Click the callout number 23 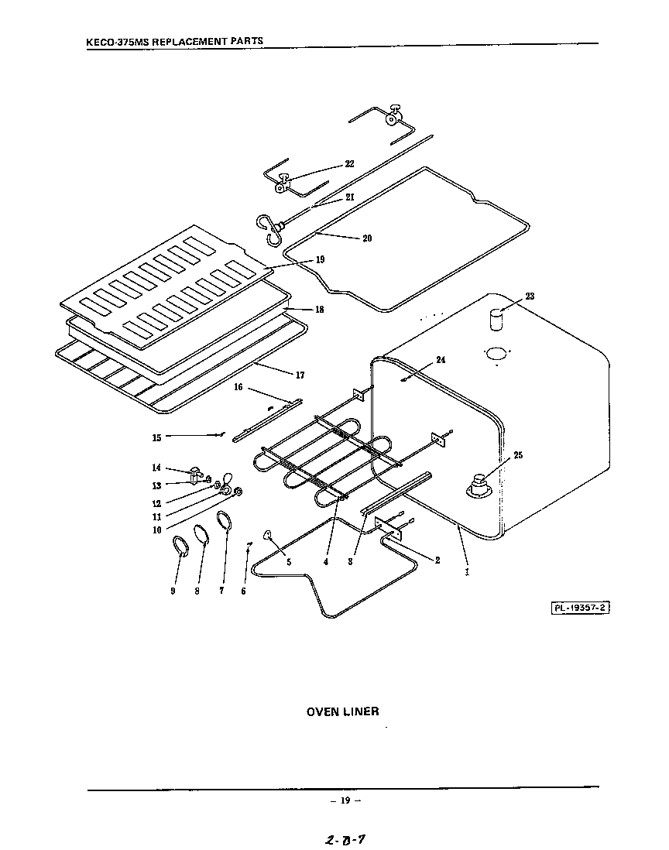[530, 296]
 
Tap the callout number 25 [518, 455]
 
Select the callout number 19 [320, 260]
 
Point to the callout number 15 [156, 438]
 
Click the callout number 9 [173, 591]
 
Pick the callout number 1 [466, 574]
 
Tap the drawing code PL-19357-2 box [581, 608]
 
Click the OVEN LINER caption [343, 711]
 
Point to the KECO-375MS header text [174, 40]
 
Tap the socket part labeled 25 [479, 485]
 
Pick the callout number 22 [349, 164]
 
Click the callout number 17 [300, 375]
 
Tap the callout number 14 [156, 468]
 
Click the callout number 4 [326, 562]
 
